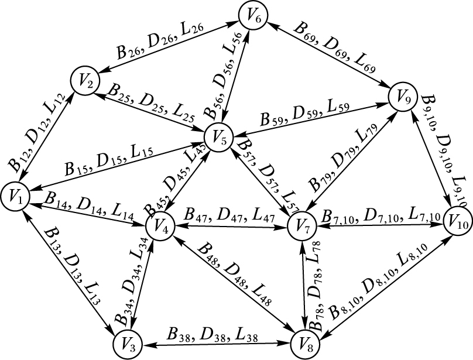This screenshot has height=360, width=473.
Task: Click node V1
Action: (x=19, y=197)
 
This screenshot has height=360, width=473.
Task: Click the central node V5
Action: (x=219, y=139)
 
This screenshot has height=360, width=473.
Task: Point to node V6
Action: (x=253, y=16)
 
